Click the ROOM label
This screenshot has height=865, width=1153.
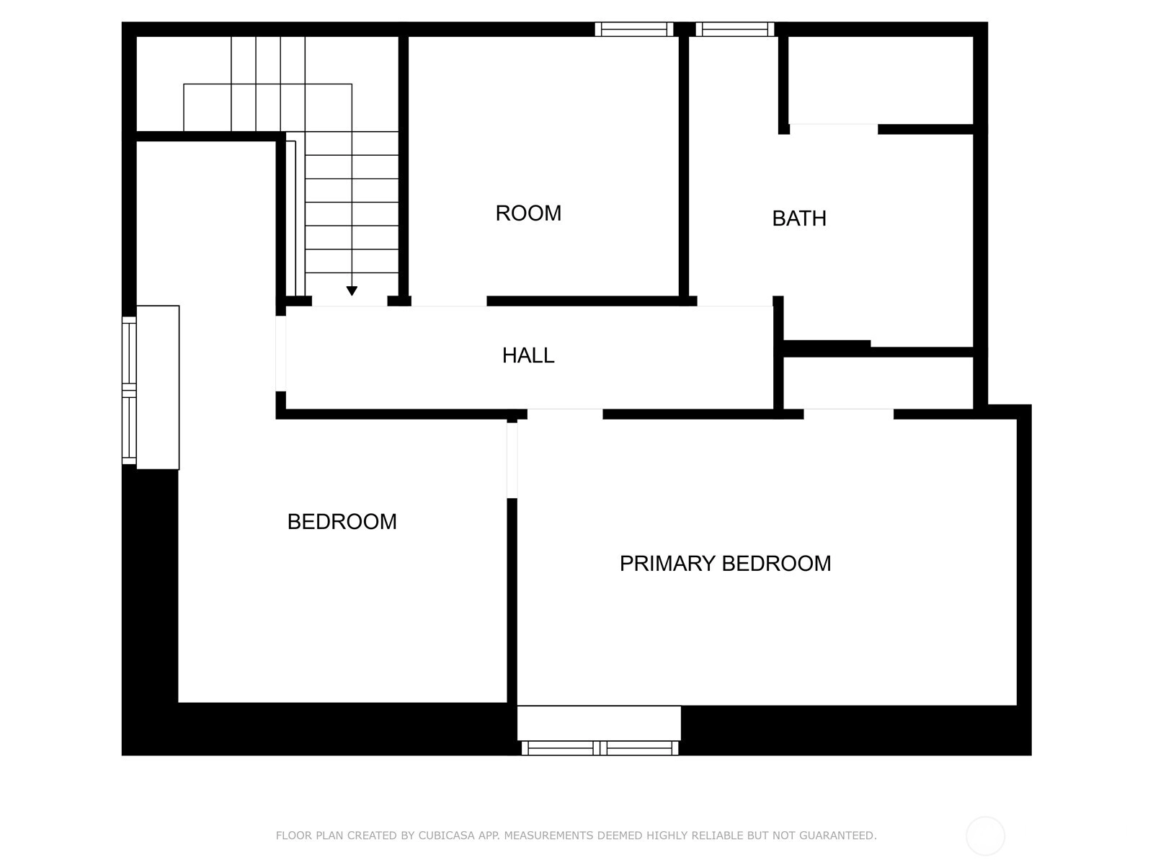(x=528, y=213)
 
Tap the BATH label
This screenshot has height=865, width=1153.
(x=799, y=218)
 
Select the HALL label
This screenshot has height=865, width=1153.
(x=528, y=355)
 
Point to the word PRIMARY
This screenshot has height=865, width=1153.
(x=667, y=564)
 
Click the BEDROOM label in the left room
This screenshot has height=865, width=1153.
(x=342, y=521)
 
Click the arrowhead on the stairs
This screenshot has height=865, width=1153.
(x=352, y=290)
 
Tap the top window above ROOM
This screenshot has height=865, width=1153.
(x=634, y=29)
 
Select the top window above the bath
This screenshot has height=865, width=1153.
(x=735, y=29)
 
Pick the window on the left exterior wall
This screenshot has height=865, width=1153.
(x=129, y=390)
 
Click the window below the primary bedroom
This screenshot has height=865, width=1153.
(x=600, y=748)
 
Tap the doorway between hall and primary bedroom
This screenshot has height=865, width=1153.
(x=565, y=414)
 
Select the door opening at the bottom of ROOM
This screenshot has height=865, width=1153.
(x=449, y=301)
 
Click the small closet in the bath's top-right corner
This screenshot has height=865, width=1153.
(x=881, y=80)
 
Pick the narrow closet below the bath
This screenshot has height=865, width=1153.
(x=878, y=383)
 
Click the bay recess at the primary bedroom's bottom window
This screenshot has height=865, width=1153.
(x=599, y=723)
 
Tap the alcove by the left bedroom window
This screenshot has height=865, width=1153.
(x=158, y=387)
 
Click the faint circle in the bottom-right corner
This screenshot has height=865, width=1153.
(x=985, y=835)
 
